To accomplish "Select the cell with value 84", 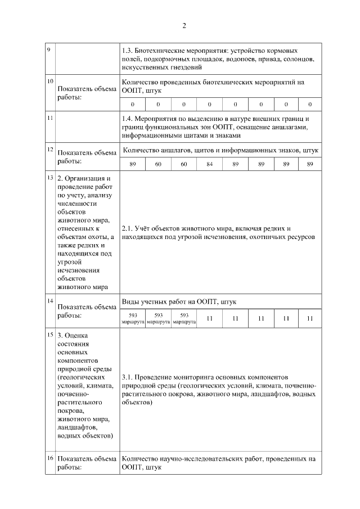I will tap(209, 164).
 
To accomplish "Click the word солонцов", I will tap(300, 58).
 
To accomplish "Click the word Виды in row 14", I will tap(130, 302).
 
